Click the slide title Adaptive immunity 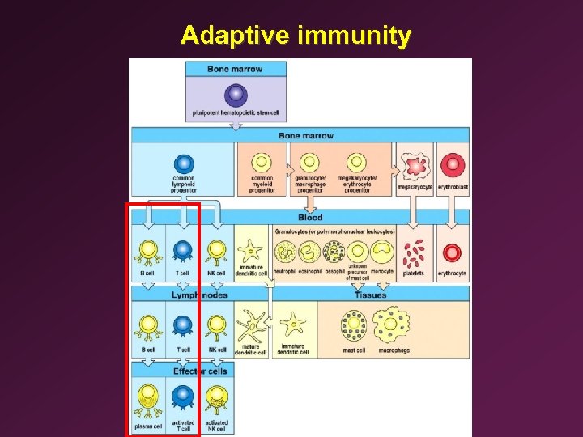pyautogui.click(x=296, y=36)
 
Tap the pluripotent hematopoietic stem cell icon pyautogui.click(x=236, y=95)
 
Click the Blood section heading pyautogui.click(x=310, y=217)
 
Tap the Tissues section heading pyautogui.click(x=370, y=295)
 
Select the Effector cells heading pyautogui.click(x=200, y=371)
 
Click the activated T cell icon pyautogui.click(x=184, y=397)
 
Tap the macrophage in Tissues pyautogui.click(x=392, y=326)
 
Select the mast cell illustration pyautogui.click(x=354, y=326)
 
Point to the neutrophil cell pyautogui.click(x=285, y=252)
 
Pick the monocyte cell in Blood pyautogui.click(x=382, y=252)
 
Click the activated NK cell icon pyautogui.click(x=216, y=399)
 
